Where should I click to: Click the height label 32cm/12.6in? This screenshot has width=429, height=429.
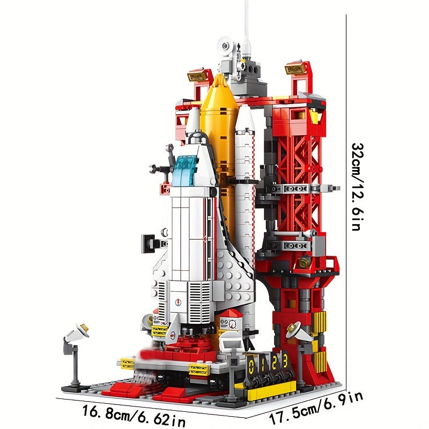click(x=357, y=187)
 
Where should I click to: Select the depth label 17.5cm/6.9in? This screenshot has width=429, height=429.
click(x=316, y=409)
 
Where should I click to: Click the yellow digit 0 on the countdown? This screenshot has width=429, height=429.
click(x=252, y=365)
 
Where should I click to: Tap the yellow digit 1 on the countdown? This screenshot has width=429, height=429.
click(x=262, y=364)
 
